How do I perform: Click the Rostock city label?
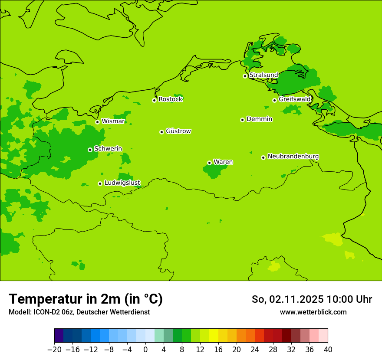tap(170, 99)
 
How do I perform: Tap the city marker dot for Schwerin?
tap(90, 150)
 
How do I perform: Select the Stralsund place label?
tap(263, 75)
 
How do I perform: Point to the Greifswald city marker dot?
tap(274, 100)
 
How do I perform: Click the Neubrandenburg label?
tap(293, 157)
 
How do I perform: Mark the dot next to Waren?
tap(209, 163)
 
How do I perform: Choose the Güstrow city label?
tap(178, 131)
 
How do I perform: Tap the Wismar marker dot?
tap(97, 122)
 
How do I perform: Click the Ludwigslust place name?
tap(122, 183)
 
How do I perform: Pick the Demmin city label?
tap(259, 119)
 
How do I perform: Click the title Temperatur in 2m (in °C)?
tap(86, 299)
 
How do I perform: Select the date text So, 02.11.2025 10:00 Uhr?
tap(312, 299)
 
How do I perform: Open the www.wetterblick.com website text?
tap(313, 312)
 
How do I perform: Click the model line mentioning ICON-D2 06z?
tap(79, 312)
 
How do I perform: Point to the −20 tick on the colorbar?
tap(54, 350)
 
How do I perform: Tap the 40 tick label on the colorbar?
tap(328, 350)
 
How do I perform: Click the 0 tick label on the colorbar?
tap(145, 350)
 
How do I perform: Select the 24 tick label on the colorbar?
tap(255, 350)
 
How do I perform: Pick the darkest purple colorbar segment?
tap(59, 336)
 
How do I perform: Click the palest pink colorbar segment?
tap(323, 336)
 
